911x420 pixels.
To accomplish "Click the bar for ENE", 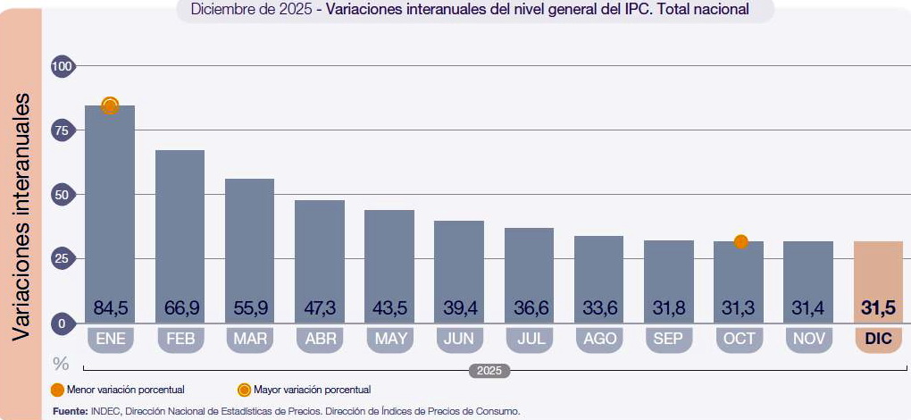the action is pos(110,214).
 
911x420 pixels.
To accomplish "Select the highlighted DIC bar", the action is pos(878,281).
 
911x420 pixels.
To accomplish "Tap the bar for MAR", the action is pos(249,250).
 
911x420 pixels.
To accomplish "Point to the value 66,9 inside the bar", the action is pos(180,307).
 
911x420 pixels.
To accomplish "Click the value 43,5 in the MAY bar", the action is pos(389,307).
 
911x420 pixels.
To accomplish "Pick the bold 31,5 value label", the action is pos(878,307).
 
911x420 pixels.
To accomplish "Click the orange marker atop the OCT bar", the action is pos(740,241).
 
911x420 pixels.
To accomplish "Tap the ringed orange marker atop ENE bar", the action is pos(110,105).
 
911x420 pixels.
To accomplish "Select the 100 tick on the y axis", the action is pos(63,66).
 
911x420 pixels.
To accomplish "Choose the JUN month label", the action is pos(459,340).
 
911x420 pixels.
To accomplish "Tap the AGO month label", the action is pos(599,340).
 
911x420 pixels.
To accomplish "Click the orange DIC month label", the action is pos(878,340).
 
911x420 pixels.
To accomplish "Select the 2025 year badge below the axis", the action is pos(489,371).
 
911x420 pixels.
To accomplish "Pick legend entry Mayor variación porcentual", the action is pos(305,390).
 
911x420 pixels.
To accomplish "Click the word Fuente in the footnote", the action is pos(70,411).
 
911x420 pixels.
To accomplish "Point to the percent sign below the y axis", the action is pos(61,364).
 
